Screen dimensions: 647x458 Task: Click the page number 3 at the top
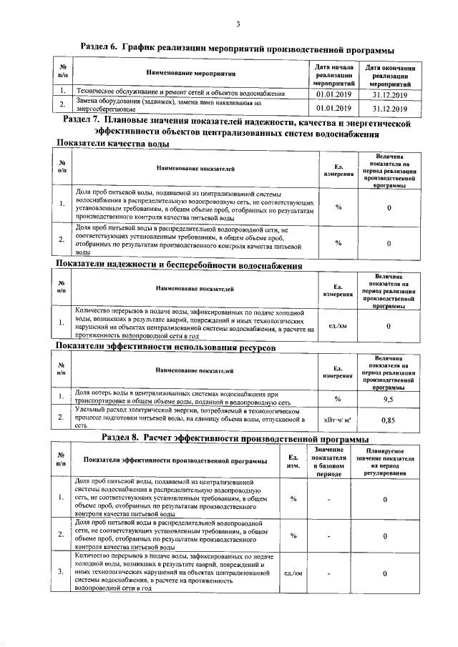[x=238, y=25]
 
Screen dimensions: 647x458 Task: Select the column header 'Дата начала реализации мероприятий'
[x=335, y=74]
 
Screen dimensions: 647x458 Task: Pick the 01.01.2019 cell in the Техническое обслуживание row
[x=335, y=94]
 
